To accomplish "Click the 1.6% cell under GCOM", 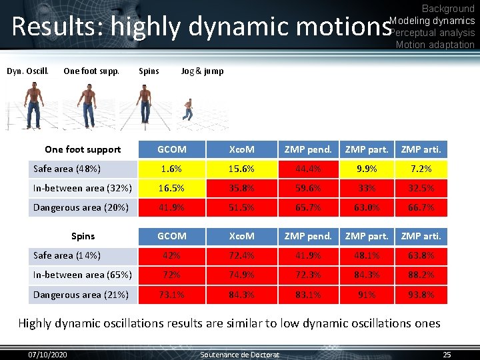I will (171, 169).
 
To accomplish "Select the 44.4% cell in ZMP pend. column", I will (307, 169).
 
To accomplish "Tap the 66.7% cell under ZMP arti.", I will (421, 207).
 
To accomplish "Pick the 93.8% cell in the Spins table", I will (421, 295).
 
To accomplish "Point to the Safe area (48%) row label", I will (67, 169).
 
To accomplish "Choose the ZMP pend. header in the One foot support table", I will (307, 149).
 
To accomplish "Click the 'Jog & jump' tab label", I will (202, 71).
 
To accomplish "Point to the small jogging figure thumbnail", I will (189, 109).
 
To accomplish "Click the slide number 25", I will (447, 354).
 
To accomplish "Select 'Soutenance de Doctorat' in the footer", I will (240, 354).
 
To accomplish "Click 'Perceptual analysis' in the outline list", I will (432, 33).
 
